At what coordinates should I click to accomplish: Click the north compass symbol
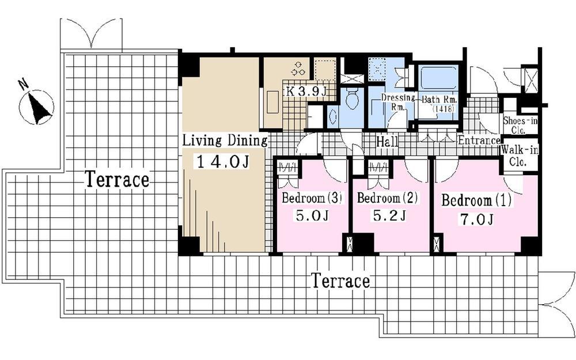[37, 106]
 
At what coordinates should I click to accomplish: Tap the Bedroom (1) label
[476, 201]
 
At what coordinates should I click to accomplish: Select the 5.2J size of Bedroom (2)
[390, 216]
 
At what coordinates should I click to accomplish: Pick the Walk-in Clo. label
[519, 156]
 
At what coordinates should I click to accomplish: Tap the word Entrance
[479, 141]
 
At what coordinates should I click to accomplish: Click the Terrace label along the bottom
[340, 282]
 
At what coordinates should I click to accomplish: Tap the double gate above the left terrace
[91, 35]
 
